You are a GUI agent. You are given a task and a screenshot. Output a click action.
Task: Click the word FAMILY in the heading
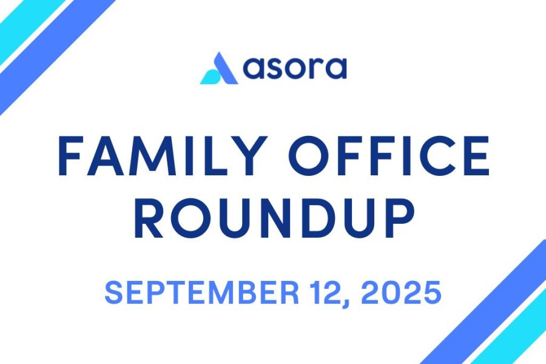coord(163,156)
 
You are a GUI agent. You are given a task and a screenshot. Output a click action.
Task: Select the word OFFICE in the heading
coord(389,156)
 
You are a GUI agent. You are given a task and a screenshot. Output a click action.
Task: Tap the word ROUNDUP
coord(274,218)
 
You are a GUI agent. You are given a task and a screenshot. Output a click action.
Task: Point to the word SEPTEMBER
coord(201,292)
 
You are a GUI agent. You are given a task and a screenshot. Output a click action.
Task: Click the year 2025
coord(401,292)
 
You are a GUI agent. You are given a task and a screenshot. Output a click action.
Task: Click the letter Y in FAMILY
coord(249,156)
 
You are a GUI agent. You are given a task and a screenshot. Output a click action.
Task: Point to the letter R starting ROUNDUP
coord(149,218)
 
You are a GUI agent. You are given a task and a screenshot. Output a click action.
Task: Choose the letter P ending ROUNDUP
coord(400,218)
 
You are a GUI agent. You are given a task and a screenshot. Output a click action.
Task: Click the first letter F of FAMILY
coord(72,156)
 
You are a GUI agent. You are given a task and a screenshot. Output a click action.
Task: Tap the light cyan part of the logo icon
coord(210,77)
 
